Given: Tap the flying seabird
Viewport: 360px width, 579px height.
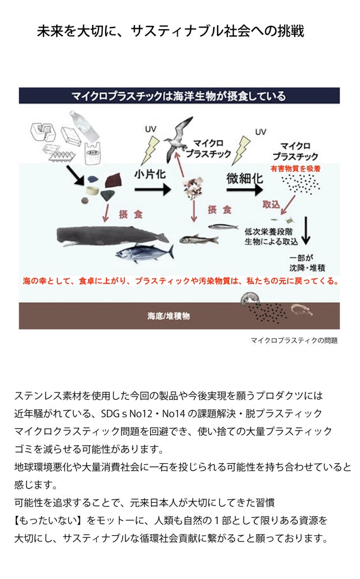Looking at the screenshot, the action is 178,138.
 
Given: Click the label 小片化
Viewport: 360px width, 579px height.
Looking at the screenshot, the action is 150,174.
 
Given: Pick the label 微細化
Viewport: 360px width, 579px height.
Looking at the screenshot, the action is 245,178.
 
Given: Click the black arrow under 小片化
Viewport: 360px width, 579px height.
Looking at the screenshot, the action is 153,190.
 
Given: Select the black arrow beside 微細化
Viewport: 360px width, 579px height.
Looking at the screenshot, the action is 245,190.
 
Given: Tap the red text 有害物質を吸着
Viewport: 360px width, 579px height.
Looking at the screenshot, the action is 295,169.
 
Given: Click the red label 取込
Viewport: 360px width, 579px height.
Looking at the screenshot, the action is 271,204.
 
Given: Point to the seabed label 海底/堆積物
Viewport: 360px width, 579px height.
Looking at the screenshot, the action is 169,316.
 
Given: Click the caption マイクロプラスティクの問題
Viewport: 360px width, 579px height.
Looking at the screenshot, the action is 294,340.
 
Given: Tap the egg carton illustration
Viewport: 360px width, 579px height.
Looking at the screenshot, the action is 58,152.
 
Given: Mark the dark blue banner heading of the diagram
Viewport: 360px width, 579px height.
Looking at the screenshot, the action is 179,96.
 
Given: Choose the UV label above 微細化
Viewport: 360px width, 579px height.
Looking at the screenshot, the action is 260,132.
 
